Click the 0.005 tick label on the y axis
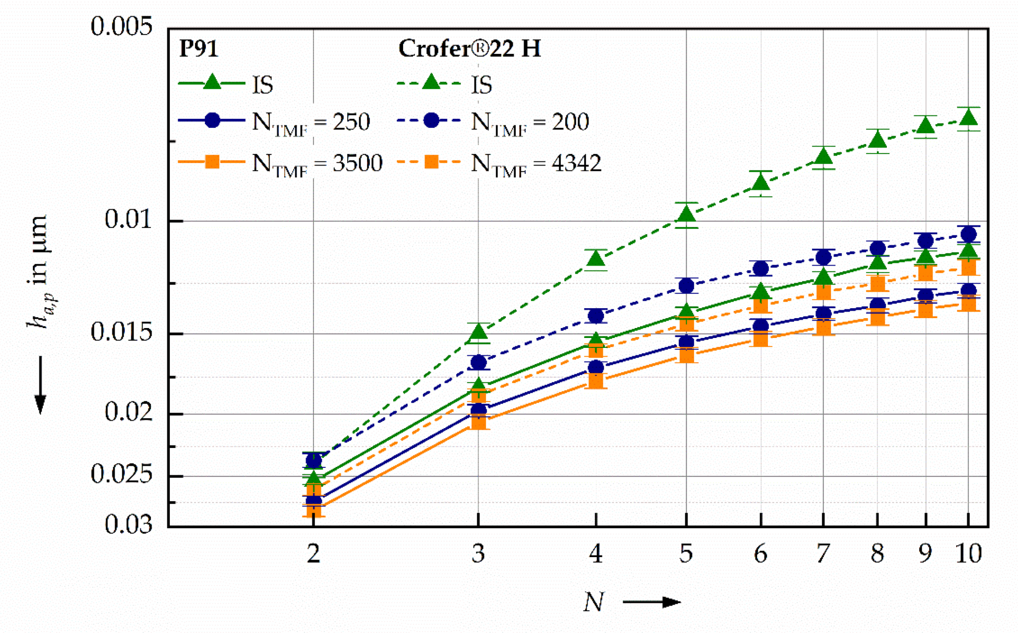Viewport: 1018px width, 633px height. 121,26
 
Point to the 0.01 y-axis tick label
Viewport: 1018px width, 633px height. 128,219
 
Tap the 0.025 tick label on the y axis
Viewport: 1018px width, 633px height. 121,474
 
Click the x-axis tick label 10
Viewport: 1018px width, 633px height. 968,554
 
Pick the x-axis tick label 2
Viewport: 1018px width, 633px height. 313,554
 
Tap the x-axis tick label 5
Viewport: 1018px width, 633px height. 686,554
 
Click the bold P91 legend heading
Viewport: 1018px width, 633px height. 199,49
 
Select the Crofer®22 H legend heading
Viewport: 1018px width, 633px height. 469,49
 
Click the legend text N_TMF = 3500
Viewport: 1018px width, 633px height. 317,164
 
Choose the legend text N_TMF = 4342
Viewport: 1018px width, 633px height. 536,164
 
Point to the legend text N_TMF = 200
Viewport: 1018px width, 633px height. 530,123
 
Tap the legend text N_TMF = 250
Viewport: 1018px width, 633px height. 311,123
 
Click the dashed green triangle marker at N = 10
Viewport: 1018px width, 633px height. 968,118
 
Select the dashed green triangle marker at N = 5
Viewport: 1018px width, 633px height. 686,215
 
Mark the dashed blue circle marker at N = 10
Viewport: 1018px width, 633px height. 968,234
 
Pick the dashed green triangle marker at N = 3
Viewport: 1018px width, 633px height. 479,332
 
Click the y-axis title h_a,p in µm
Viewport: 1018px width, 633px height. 39,271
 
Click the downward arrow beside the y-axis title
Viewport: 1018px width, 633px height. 41,385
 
